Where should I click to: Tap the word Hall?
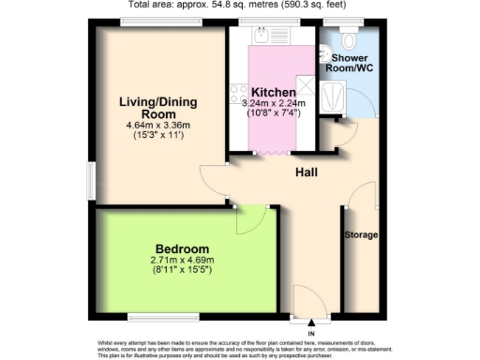(x=306, y=172)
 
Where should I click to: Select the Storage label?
(x=360, y=233)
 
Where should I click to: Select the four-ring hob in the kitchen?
(x=234, y=95)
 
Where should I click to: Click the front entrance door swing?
(x=309, y=302)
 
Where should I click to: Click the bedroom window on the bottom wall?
(x=157, y=314)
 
